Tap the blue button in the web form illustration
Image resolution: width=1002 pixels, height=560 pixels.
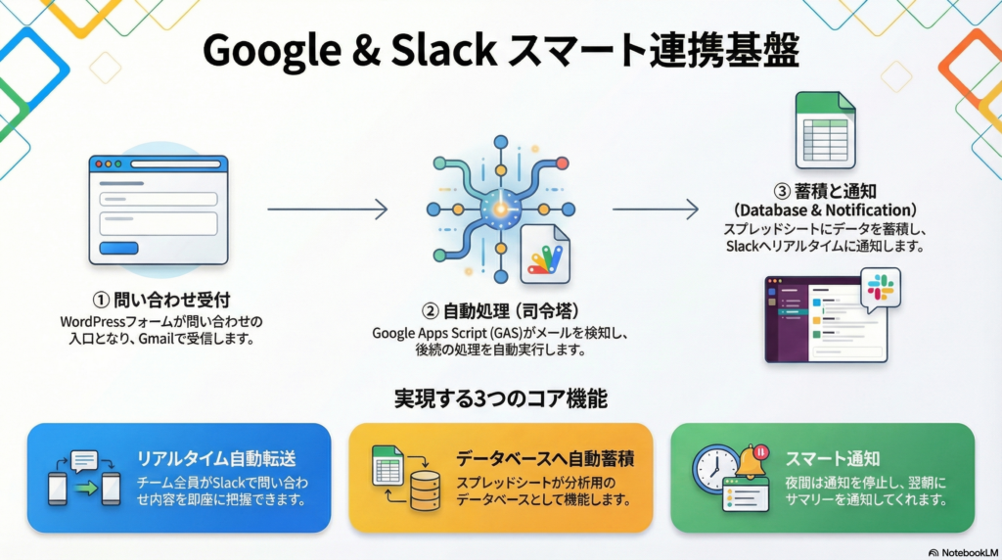click(x=119, y=248)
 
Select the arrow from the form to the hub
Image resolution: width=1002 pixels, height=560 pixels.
click(x=327, y=209)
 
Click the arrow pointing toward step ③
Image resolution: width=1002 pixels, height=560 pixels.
click(x=655, y=209)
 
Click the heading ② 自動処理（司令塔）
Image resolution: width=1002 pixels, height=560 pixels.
click(x=500, y=312)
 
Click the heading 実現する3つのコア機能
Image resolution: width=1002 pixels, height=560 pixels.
click(x=500, y=399)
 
